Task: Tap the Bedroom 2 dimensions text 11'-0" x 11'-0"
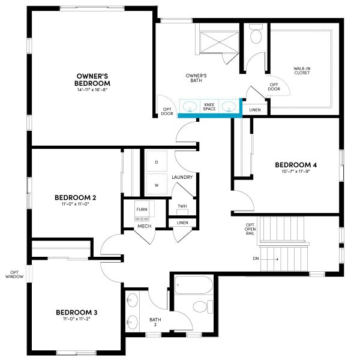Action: pos(76,204)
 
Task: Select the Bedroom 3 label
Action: pos(77,312)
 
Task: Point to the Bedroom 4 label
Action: pos(295,165)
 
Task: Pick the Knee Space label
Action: pos(209,106)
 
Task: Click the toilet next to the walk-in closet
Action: pos(255,35)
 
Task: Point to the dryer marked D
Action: pos(156,162)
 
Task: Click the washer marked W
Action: pos(156,185)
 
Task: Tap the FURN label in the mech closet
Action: pos(142,209)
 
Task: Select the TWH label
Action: pos(182,207)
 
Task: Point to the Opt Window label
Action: pos(16,274)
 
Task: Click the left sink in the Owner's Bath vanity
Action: pos(190,107)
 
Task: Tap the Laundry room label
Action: pos(182,178)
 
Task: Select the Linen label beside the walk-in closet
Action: pos(254,110)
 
